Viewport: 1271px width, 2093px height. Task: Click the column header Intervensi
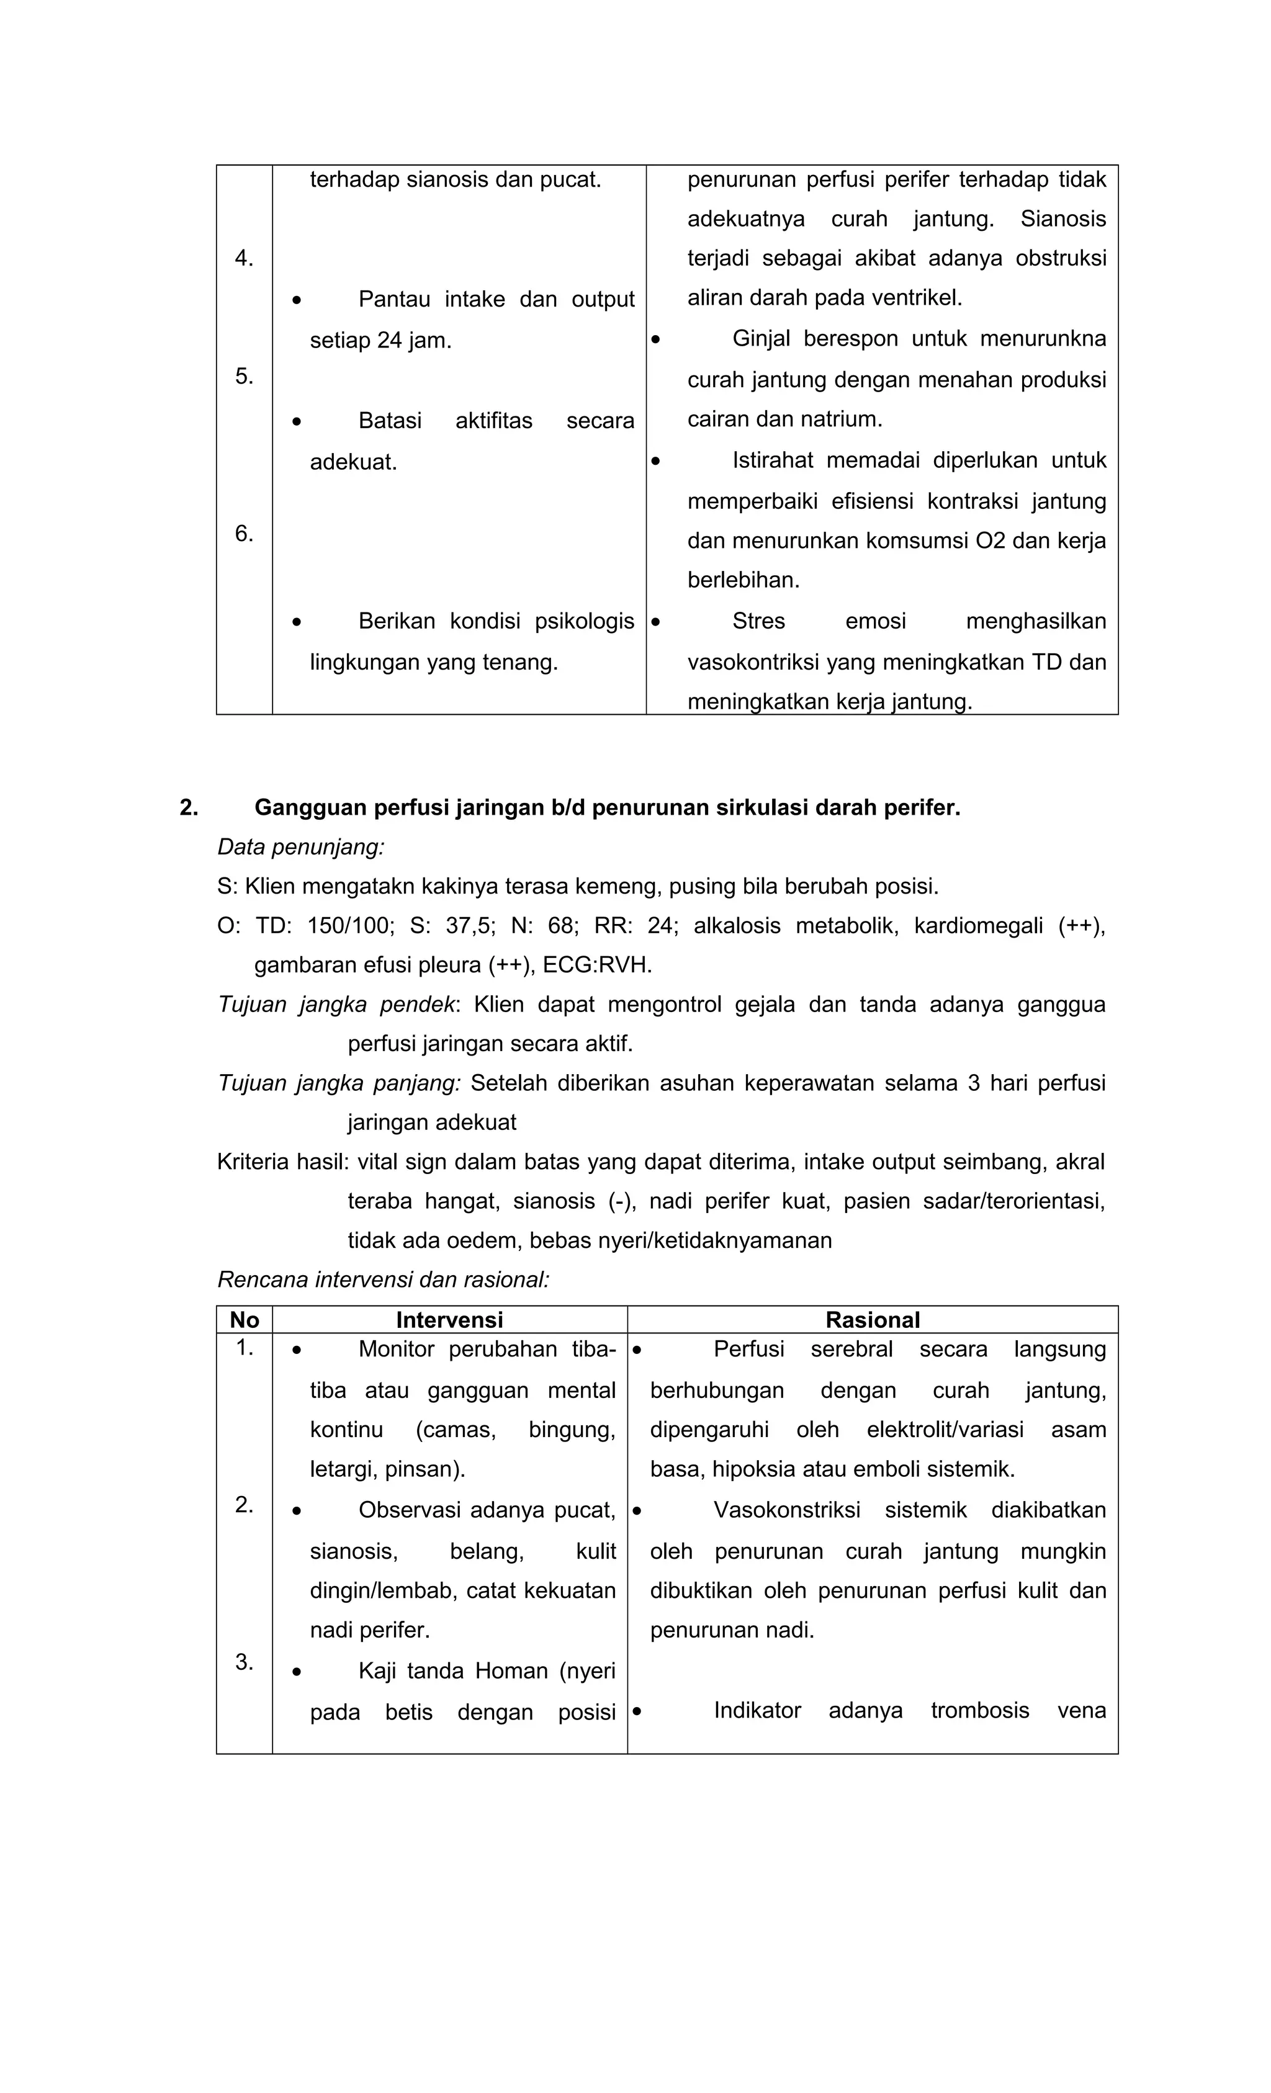tap(449, 1319)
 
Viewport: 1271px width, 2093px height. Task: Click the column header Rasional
tap(872, 1319)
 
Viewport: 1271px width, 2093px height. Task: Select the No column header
tap(244, 1319)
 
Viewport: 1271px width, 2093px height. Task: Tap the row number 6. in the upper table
tap(244, 534)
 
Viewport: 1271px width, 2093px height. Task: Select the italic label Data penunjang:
tap(301, 847)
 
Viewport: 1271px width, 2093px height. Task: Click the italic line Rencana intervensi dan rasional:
tap(383, 1280)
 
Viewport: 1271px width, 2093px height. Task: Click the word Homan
tap(511, 1671)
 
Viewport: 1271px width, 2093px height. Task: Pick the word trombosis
tap(979, 1710)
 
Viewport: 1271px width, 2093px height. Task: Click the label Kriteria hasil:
tap(282, 1161)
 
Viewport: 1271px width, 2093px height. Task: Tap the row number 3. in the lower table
tap(244, 1662)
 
